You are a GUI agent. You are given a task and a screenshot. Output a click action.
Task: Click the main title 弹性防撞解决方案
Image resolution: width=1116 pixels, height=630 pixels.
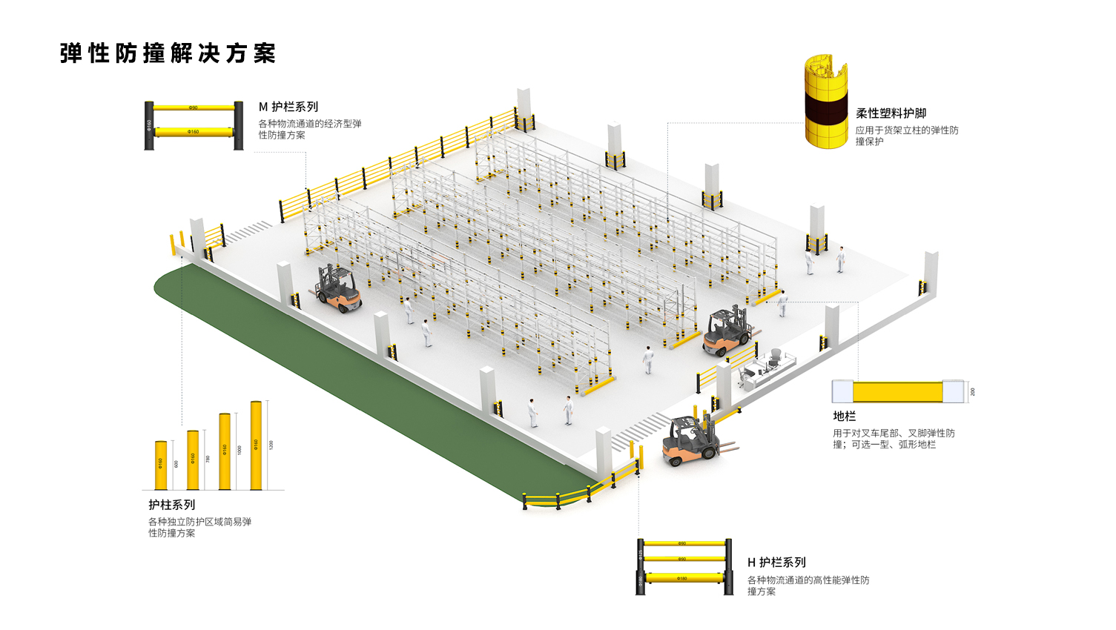(168, 53)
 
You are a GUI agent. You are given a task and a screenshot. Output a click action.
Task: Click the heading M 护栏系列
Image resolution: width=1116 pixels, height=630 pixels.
(288, 107)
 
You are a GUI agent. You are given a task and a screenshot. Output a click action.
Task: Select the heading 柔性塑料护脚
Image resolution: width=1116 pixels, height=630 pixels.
(891, 113)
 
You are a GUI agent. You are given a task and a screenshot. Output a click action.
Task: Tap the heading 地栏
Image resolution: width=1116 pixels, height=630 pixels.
(844, 417)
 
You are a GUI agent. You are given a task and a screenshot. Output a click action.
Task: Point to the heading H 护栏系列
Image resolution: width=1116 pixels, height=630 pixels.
(776, 563)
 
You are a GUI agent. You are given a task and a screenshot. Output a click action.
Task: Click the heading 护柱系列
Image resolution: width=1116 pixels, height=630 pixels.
(171, 505)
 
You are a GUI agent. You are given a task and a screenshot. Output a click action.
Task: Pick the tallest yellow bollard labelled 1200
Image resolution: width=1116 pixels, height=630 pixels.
(256, 445)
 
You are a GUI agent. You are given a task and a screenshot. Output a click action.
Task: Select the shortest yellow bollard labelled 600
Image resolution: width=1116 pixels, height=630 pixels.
(161, 465)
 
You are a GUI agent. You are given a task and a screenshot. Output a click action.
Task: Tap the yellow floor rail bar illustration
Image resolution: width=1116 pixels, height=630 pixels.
(897, 391)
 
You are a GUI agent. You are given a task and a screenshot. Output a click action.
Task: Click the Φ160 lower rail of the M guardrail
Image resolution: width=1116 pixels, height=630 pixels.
(194, 132)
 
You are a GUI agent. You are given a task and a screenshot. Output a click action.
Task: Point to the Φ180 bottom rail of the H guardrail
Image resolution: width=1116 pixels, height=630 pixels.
(682, 578)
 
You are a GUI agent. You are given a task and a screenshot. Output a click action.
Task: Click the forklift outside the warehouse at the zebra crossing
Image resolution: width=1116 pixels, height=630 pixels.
(692, 442)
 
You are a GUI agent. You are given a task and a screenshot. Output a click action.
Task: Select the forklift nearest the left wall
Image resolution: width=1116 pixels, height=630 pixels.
(339, 288)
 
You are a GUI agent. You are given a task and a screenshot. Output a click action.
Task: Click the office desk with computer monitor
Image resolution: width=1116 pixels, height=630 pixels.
(764, 367)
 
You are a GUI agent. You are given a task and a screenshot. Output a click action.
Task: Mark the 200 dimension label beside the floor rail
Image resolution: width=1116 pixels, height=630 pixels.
(973, 391)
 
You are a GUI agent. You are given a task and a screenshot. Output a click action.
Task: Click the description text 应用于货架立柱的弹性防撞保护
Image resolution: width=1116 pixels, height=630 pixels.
(906, 136)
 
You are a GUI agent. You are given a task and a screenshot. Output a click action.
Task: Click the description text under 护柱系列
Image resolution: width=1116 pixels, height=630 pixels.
(199, 527)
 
